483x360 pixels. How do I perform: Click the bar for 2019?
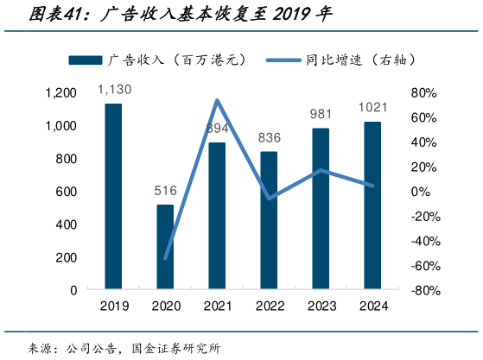113,197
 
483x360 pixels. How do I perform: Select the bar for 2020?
165,247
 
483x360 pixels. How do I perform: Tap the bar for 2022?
269,220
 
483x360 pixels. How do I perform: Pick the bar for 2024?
372,205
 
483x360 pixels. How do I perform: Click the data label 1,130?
113,90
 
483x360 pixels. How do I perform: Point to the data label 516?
165,191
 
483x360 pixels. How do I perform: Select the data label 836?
269,138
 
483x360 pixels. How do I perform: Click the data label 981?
321,115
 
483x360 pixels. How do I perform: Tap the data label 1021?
372,108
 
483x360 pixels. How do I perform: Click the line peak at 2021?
217,100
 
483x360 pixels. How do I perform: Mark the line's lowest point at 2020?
165,257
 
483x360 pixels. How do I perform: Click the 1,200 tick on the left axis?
60,93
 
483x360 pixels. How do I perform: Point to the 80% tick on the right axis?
426,93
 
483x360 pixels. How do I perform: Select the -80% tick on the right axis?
423,290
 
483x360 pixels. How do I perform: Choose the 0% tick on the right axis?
423,192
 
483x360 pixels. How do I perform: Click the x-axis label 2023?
321,306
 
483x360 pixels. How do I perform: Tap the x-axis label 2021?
217,306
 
